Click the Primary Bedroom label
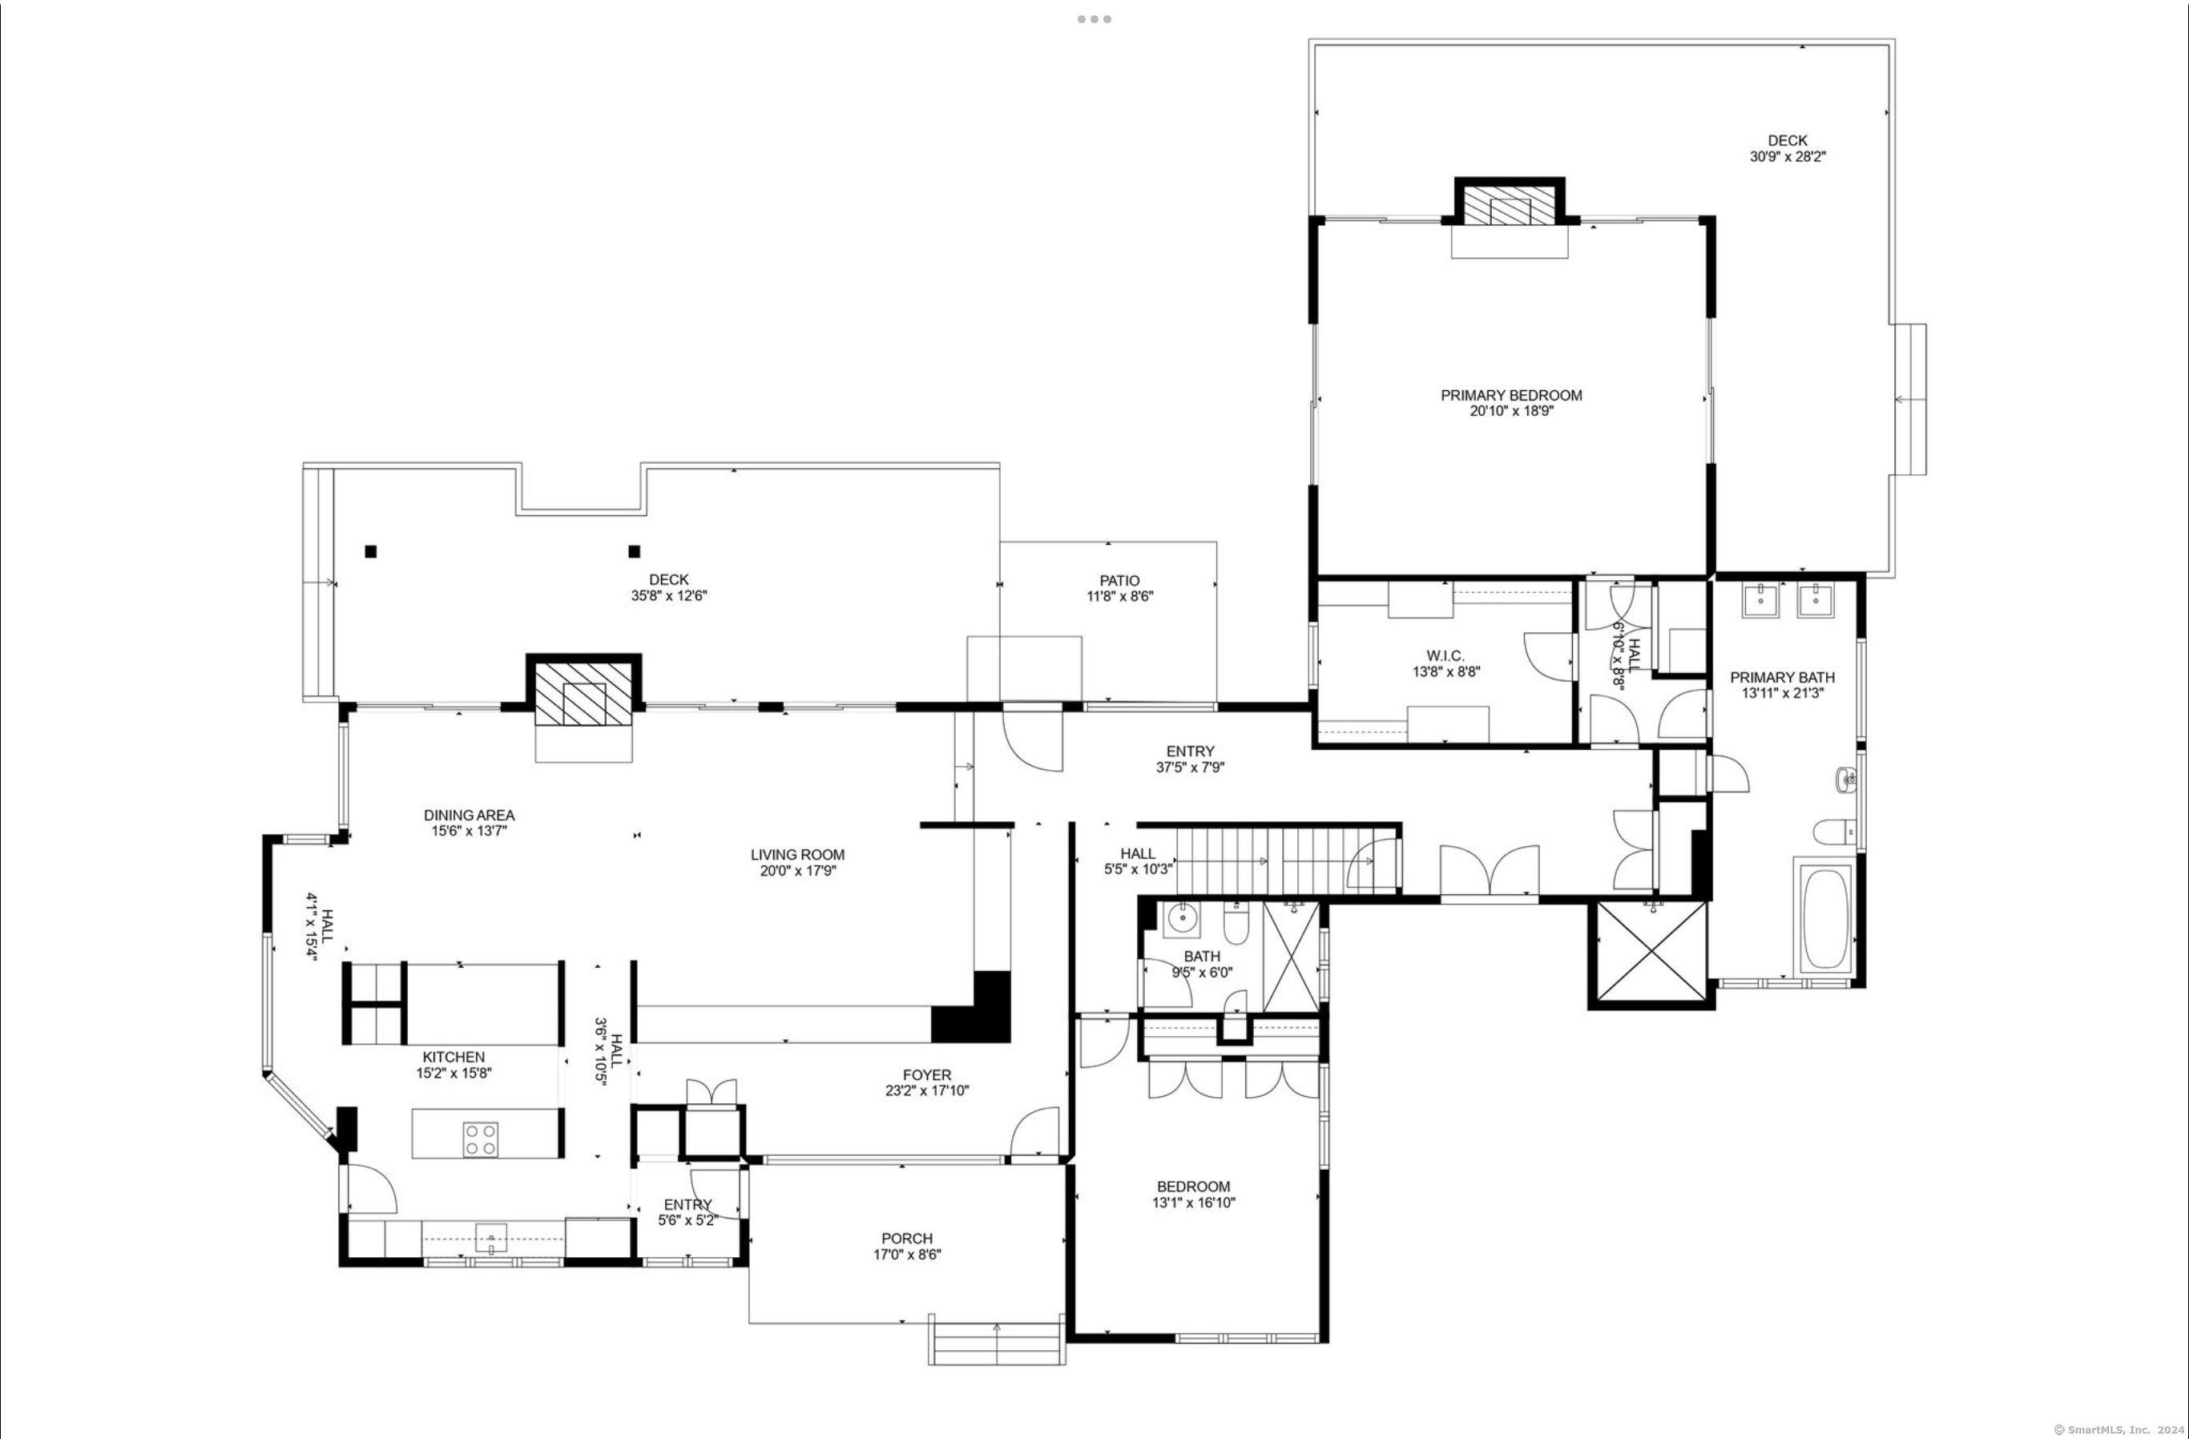[1511, 395]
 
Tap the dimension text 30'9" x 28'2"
[1787, 157]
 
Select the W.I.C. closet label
[1445, 655]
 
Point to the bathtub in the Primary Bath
[1823, 916]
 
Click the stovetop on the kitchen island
[480, 1139]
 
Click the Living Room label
[796, 855]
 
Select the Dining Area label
[469, 816]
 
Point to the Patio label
[1119, 581]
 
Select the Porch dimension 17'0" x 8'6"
[907, 1255]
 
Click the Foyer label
[927, 1076]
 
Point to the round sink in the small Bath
[1180, 917]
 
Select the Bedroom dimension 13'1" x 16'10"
[1194, 1203]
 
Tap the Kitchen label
[454, 1058]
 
